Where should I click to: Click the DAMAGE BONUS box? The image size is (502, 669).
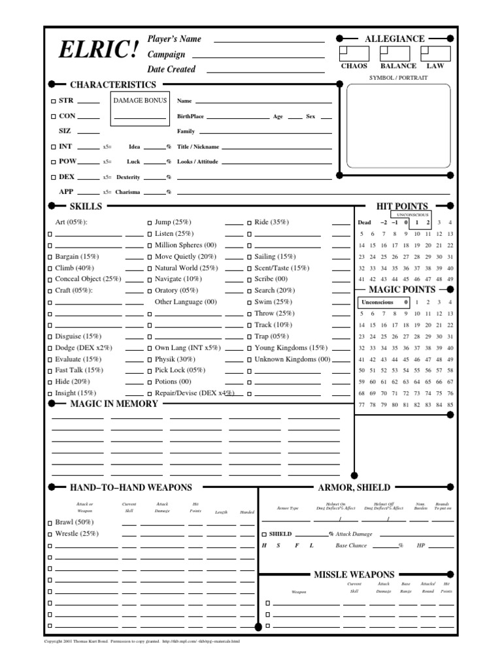click(139, 109)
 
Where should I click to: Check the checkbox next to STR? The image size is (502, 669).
click(54, 101)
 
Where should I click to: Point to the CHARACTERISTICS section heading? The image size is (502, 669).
click(112, 85)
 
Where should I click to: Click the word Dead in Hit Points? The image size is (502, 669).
click(364, 222)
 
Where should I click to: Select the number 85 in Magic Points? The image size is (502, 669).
click(450, 405)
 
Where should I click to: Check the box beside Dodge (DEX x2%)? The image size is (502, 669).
click(50, 348)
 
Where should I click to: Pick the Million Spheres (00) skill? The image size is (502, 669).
click(185, 245)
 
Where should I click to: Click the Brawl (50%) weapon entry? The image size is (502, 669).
click(75, 523)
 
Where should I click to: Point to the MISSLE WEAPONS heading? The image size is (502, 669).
click(354, 574)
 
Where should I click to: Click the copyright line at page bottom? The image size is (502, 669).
click(142, 641)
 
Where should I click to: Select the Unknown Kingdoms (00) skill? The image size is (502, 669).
click(292, 359)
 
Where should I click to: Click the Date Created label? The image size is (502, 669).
click(171, 69)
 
